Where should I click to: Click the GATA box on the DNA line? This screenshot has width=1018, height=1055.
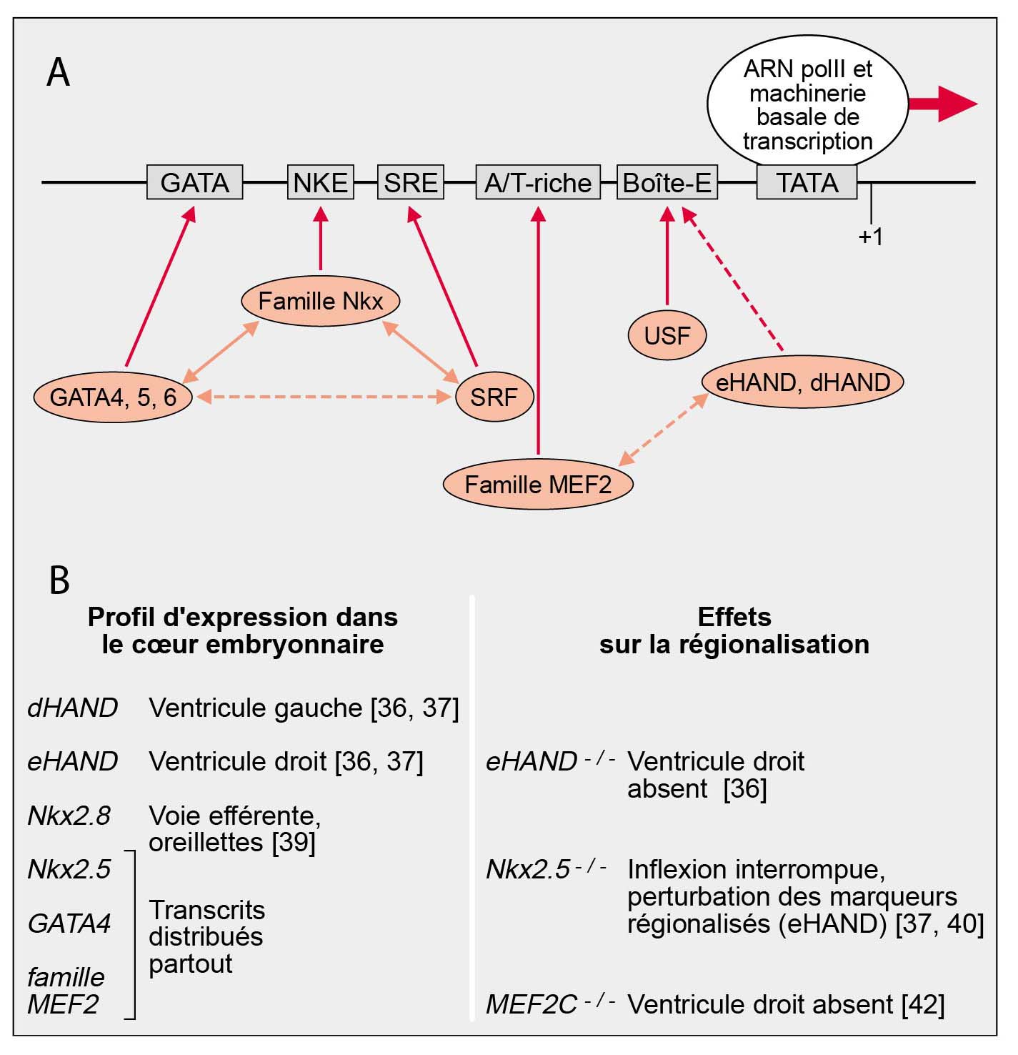point(194,182)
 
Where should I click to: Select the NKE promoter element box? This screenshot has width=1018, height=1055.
point(320,182)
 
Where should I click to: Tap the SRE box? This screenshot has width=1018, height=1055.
point(410,182)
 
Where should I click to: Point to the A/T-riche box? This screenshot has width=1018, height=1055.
point(537,182)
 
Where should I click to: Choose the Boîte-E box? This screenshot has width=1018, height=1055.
point(667,182)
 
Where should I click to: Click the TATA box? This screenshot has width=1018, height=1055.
point(807,182)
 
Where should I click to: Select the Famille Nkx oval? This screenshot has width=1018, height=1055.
point(320,301)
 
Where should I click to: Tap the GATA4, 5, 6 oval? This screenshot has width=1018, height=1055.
point(113,396)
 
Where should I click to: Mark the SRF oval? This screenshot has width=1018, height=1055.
point(494,396)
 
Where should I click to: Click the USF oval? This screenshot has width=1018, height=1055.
point(667,335)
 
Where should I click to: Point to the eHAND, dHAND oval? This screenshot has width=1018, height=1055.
point(802,382)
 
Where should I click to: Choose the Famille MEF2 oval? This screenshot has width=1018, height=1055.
point(538,485)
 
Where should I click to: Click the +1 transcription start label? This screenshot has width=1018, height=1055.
point(870,237)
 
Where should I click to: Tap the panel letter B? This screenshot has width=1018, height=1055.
point(59,580)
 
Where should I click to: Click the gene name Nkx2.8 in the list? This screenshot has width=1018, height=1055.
point(69,816)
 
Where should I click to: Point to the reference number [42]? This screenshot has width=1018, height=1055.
point(922,1004)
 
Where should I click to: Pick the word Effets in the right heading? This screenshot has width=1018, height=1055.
point(734,617)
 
